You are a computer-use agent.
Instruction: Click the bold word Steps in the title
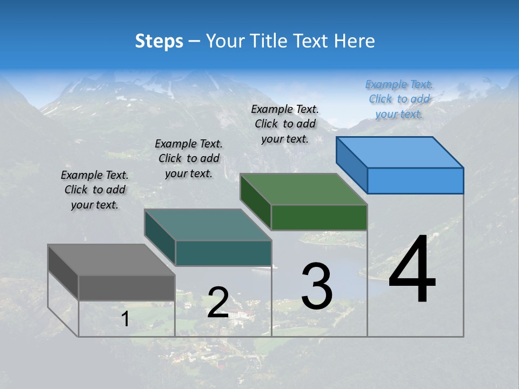click(159, 41)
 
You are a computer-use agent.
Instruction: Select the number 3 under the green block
click(317, 286)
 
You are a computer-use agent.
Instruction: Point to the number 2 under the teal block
click(218, 303)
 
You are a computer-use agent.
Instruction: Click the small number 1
click(125, 319)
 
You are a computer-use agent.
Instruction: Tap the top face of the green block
click(304, 189)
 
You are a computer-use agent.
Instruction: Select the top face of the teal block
click(208, 224)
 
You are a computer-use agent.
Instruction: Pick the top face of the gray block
click(111, 259)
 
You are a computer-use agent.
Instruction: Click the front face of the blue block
click(415, 180)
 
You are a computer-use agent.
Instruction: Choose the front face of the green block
click(319, 217)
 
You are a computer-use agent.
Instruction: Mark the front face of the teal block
click(223, 253)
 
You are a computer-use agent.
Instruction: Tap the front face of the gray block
click(127, 287)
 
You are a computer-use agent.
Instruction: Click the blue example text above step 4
click(399, 99)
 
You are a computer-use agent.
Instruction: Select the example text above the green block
click(285, 124)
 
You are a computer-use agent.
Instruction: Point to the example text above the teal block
click(189, 158)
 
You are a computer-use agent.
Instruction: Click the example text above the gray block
click(95, 190)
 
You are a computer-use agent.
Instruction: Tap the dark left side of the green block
click(255, 201)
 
